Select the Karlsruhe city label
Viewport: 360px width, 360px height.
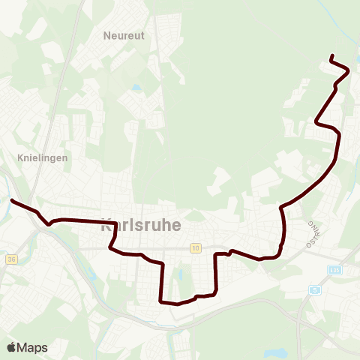[x=139, y=224]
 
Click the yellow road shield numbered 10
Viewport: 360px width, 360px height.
[x=196, y=247]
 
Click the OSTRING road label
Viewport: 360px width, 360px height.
[x=311, y=233]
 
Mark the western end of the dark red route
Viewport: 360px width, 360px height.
[x=11, y=200]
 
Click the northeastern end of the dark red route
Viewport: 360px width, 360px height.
[x=331, y=55]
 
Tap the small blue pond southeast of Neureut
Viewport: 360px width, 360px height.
[x=136, y=88]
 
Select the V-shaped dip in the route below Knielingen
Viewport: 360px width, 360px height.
[x=49, y=223]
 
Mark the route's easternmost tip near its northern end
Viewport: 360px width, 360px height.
[x=349, y=70]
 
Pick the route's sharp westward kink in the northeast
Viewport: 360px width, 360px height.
[x=316, y=123]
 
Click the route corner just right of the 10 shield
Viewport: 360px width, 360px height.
[x=217, y=255]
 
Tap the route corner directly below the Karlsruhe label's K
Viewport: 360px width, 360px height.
[x=112, y=247]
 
